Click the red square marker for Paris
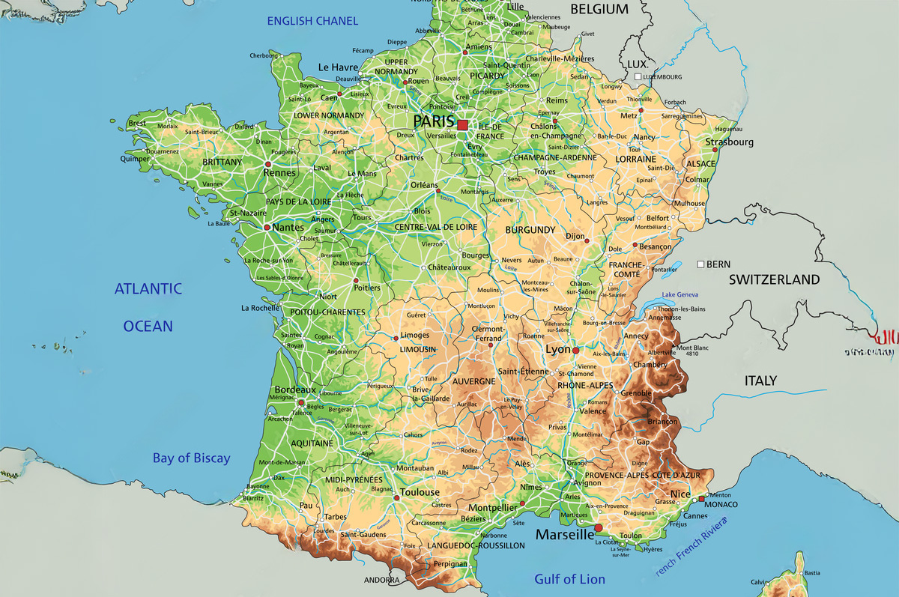coord(462,125)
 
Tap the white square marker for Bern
coord(700,264)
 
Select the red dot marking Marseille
coord(598,528)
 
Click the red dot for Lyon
coord(576,351)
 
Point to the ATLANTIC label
coord(148,288)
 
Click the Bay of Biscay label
coord(192,458)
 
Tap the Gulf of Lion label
coord(569,579)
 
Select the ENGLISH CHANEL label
coord(313,21)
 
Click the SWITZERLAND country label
coord(775,279)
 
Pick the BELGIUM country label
coord(599,9)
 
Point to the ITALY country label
coord(760,381)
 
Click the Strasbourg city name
coord(729,142)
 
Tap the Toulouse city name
coord(420,492)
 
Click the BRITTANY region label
coord(223,162)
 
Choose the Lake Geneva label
coord(679,295)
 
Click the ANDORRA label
coord(381,581)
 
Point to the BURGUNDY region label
coord(530,229)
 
